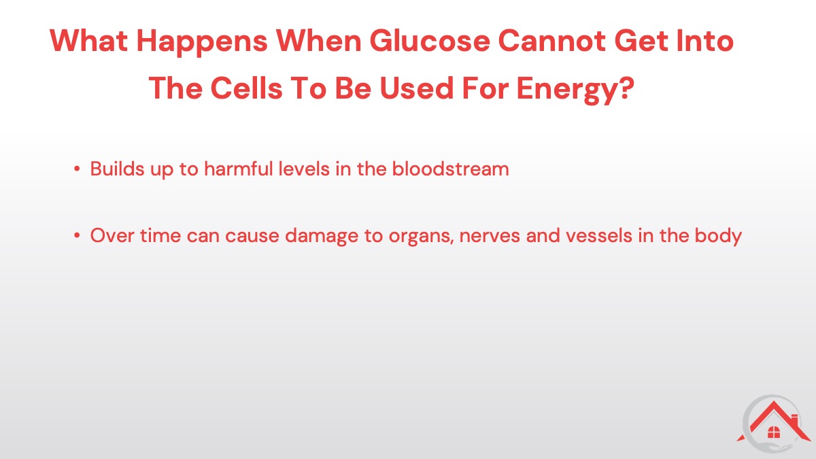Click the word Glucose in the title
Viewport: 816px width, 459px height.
(430, 41)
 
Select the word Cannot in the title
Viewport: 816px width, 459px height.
(552, 41)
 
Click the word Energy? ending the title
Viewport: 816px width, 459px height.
(575, 90)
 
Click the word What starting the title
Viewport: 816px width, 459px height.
(88, 41)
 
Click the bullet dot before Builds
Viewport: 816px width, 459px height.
(76, 169)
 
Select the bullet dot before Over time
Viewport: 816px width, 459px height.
(76, 236)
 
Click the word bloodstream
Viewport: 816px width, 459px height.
(450, 169)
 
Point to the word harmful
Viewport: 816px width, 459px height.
(239, 169)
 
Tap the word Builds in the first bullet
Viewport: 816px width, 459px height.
(117, 169)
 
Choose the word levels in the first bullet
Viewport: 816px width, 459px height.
(304, 169)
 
